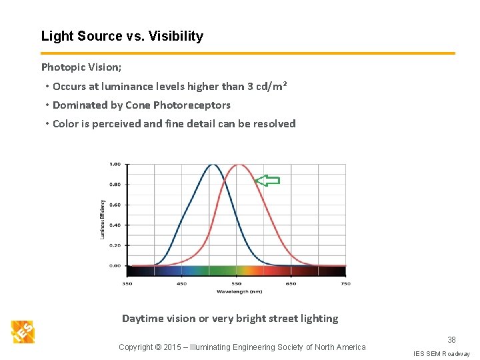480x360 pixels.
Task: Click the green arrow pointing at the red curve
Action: click(x=268, y=180)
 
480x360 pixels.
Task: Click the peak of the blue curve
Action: click(x=212, y=165)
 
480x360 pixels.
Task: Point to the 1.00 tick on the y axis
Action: click(x=115, y=164)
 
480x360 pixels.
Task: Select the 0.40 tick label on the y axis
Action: click(x=115, y=225)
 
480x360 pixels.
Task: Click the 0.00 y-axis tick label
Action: click(x=115, y=265)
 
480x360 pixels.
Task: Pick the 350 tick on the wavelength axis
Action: click(x=127, y=283)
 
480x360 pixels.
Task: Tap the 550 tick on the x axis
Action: click(x=237, y=283)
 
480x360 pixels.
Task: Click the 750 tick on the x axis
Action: click(x=345, y=283)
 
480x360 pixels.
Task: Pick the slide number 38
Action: click(x=452, y=340)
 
